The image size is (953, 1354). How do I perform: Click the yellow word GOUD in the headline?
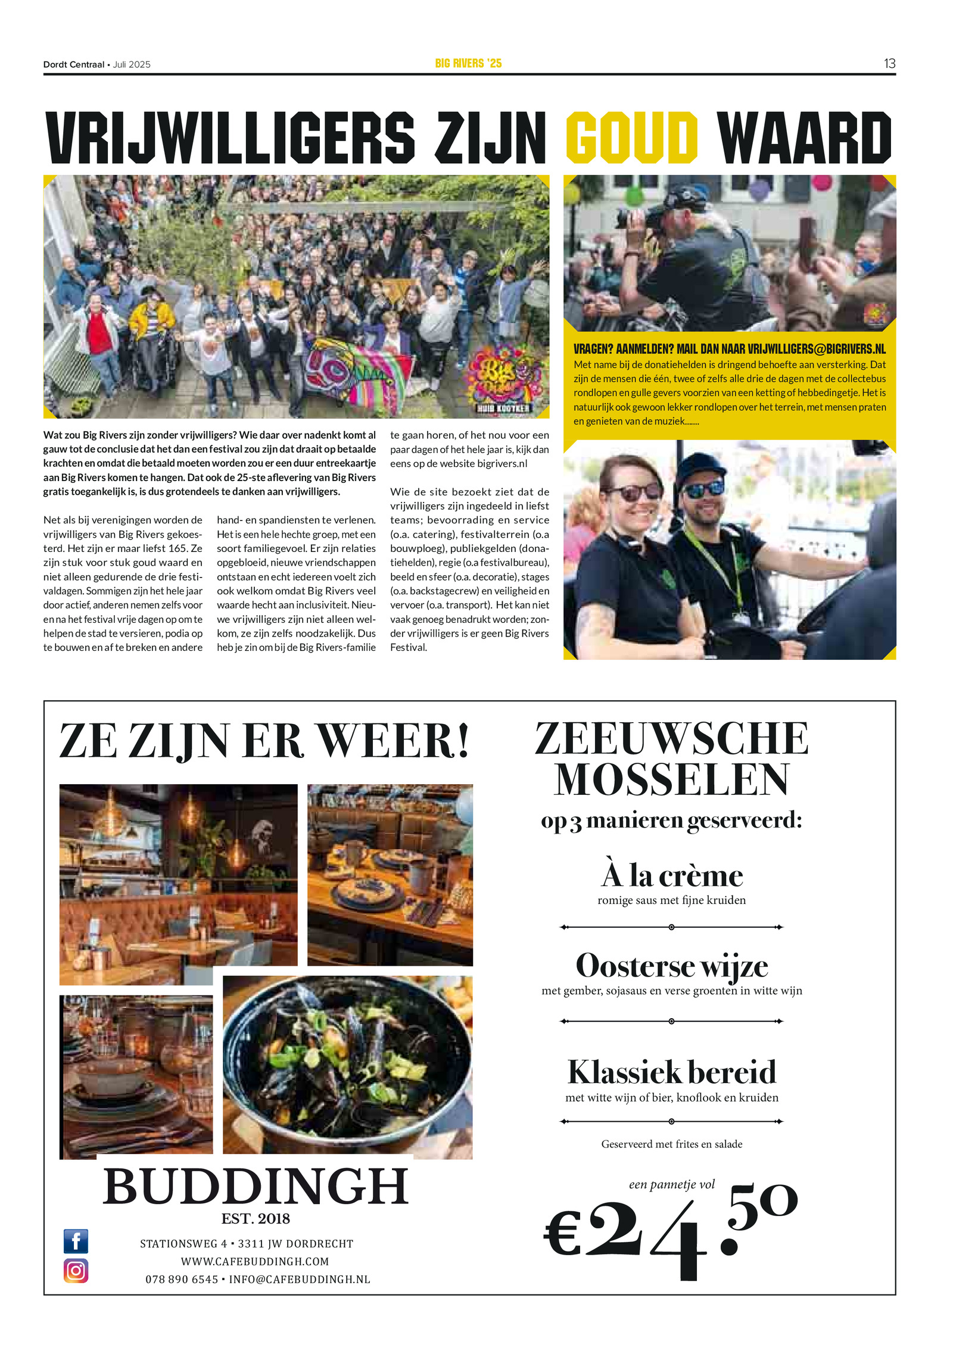[x=631, y=138]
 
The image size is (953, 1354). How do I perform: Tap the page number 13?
[x=889, y=64]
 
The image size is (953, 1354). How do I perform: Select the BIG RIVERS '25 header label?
[x=468, y=63]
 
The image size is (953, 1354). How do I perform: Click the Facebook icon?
[x=76, y=1241]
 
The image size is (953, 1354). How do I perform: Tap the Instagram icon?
[x=76, y=1271]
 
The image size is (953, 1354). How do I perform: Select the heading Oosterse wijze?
[x=672, y=966]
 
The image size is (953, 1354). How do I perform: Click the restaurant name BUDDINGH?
[x=256, y=1187]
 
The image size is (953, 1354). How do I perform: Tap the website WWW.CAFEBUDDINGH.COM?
[x=255, y=1261]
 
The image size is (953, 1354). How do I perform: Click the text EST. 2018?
[x=256, y=1219]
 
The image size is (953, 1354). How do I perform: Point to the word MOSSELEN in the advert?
[x=672, y=779]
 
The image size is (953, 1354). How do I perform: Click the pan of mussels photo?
[x=347, y=1066]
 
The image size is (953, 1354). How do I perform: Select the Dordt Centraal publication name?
[x=73, y=64]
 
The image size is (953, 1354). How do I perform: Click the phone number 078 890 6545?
[x=182, y=1279]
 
